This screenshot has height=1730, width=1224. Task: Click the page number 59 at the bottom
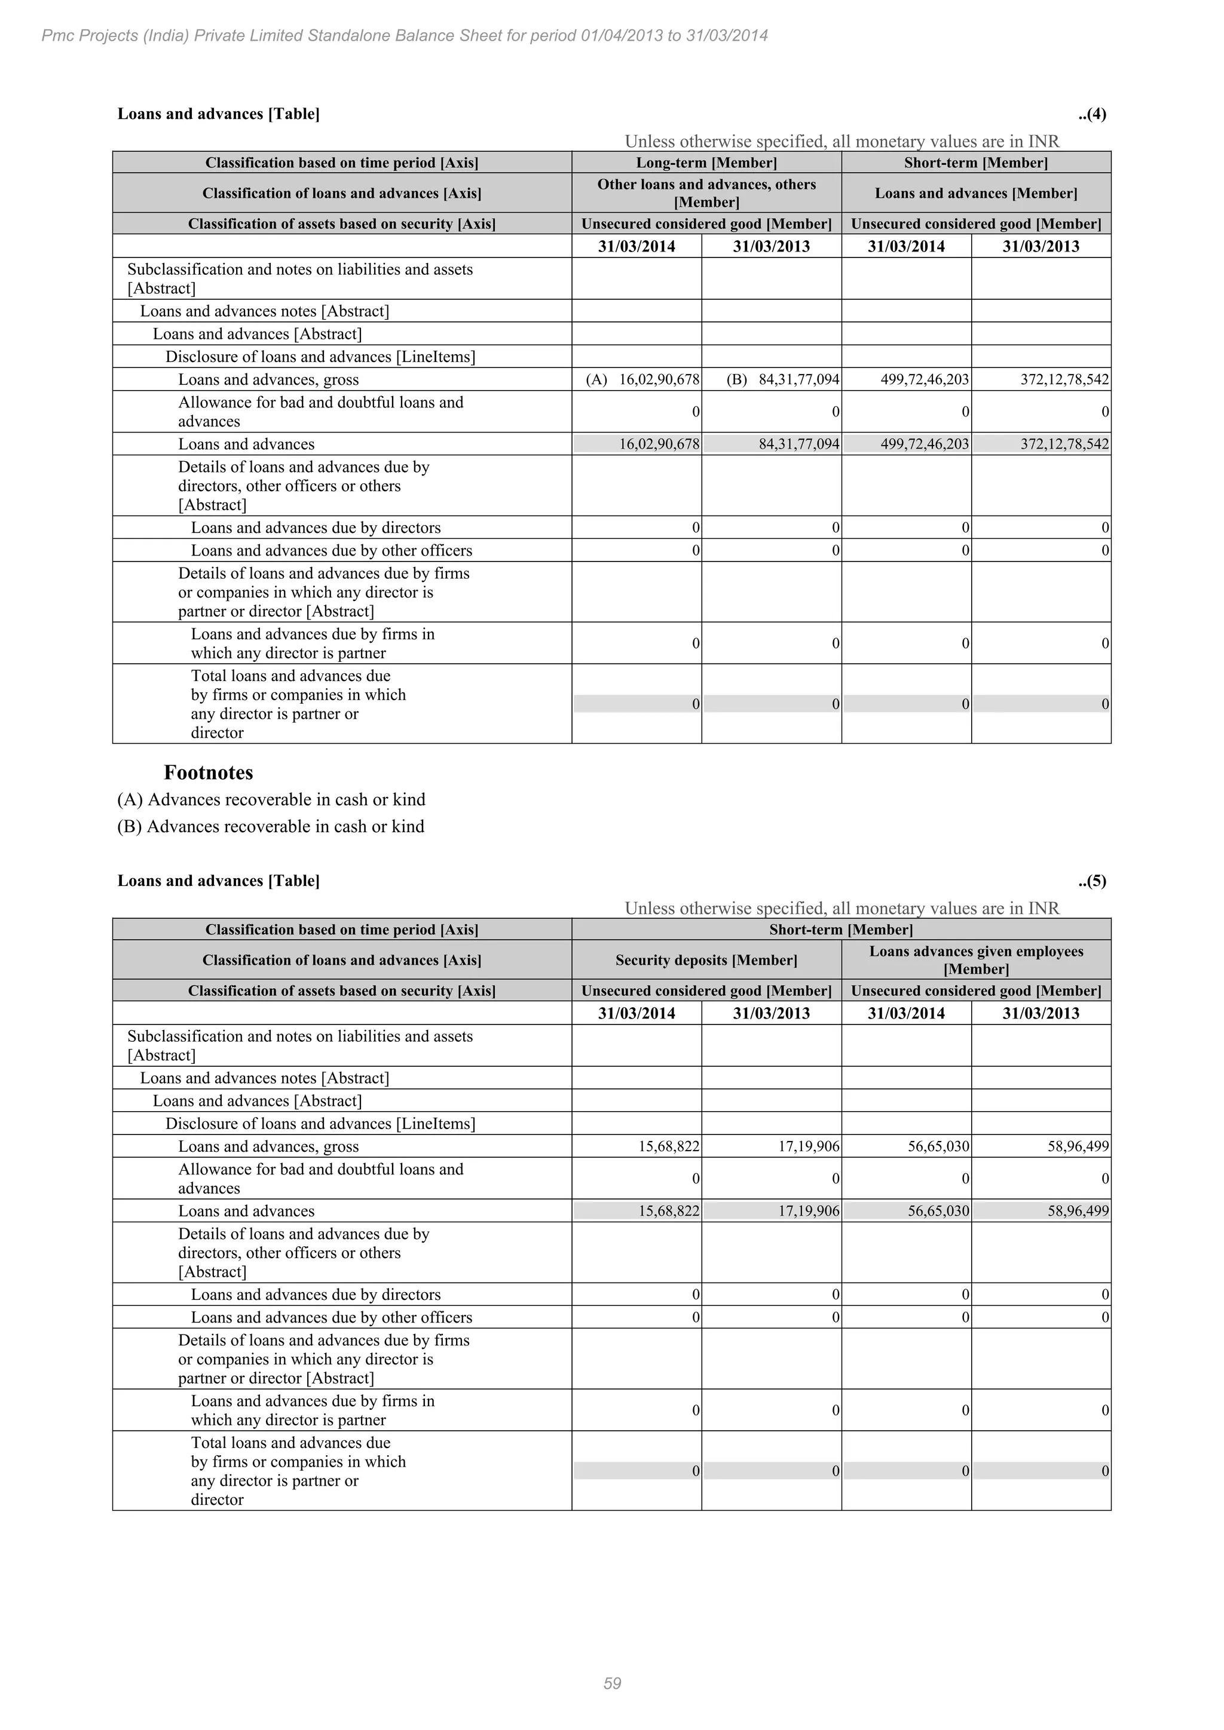click(x=612, y=1683)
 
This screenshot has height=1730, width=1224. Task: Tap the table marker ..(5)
click(x=1091, y=881)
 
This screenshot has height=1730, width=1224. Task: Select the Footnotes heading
click(x=208, y=772)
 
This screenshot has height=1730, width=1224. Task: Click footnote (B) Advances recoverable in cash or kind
click(x=271, y=827)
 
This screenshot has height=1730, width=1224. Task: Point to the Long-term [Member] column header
click(x=706, y=162)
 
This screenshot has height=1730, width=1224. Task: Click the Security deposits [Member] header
click(x=706, y=960)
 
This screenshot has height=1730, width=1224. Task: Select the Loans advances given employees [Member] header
click(x=976, y=960)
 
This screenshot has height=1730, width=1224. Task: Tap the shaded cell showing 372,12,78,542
click(x=1064, y=444)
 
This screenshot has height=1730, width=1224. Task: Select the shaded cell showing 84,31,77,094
click(x=798, y=444)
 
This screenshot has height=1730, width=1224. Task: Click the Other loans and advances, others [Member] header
click(x=706, y=193)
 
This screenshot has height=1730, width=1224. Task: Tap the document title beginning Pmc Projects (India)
click(x=404, y=35)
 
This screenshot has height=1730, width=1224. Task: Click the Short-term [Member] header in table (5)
click(x=840, y=930)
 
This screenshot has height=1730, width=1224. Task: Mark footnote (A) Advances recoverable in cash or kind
click(x=271, y=799)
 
